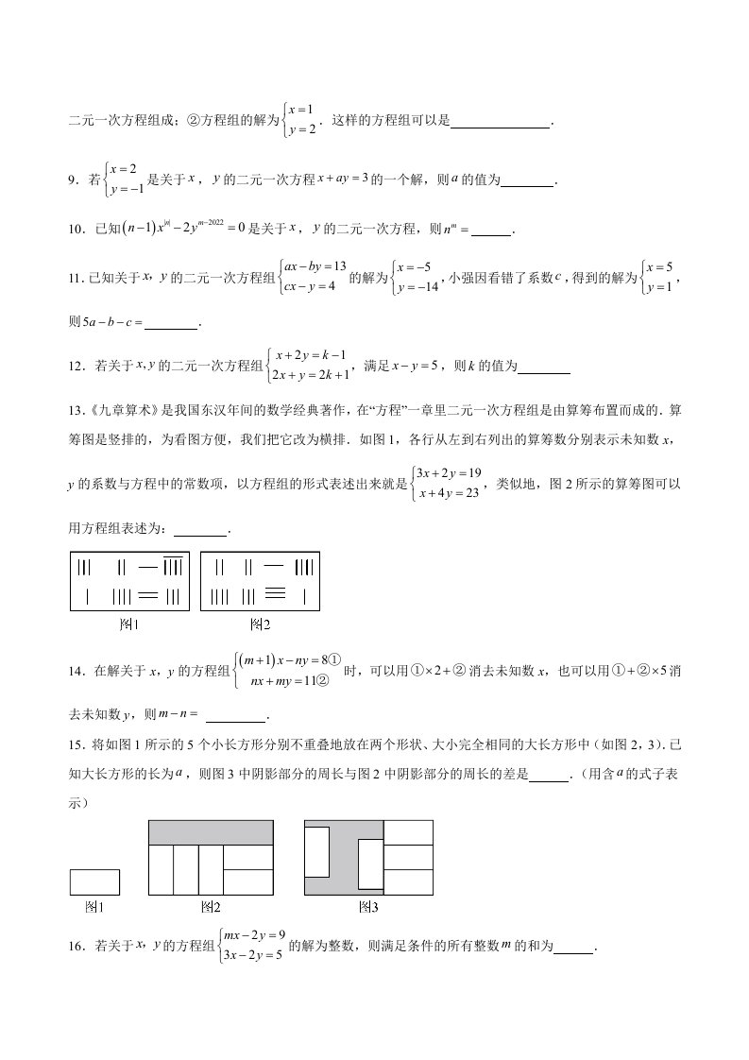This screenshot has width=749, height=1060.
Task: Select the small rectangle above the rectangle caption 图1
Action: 94,881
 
